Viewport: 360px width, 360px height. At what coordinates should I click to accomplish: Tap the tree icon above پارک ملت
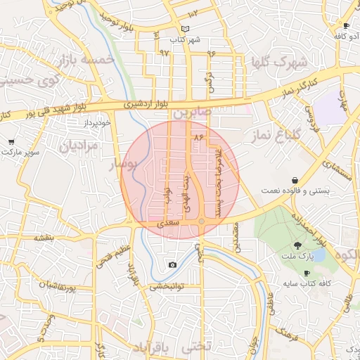(x=298, y=245)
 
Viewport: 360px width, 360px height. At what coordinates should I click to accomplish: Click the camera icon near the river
(x=172, y=265)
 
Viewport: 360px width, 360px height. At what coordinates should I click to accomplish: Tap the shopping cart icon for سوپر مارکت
(x=11, y=142)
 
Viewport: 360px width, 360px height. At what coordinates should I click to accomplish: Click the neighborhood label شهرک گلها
(x=279, y=63)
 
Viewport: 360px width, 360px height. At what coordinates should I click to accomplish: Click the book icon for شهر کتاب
(x=185, y=29)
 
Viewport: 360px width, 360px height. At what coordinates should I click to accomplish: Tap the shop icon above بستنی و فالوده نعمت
(x=293, y=181)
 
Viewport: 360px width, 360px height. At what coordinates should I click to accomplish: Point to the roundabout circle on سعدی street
(x=201, y=222)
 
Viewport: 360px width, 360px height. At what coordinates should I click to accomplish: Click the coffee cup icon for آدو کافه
(x=345, y=25)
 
